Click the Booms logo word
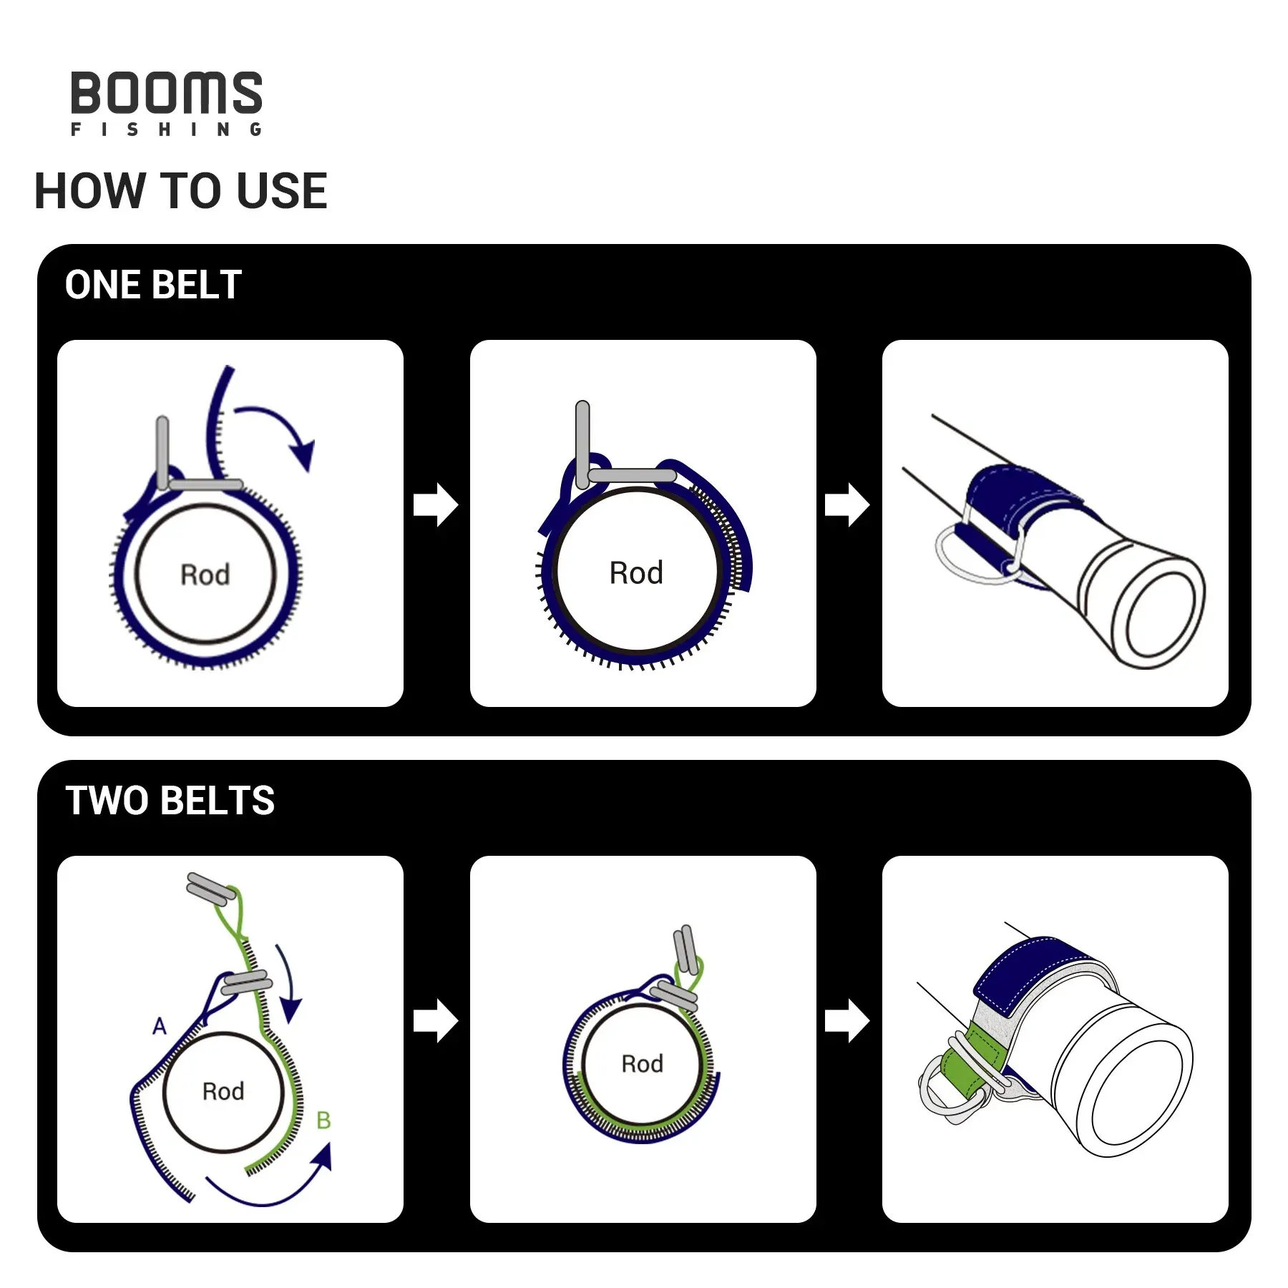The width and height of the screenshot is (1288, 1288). [166, 93]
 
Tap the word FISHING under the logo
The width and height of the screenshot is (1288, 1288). [166, 130]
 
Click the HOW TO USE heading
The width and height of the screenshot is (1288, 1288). [180, 191]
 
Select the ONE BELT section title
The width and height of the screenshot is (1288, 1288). [153, 285]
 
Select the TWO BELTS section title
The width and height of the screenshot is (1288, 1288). [170, 800]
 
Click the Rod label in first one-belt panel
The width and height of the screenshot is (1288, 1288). [205, 575]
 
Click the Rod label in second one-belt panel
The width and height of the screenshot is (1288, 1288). [636, 572]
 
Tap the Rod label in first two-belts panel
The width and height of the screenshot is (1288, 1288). [223, 1091]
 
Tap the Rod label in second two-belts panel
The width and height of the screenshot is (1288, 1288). [642, 1064]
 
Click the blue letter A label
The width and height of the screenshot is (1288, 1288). [160, 1026]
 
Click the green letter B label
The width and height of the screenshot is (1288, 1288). [323, 1121]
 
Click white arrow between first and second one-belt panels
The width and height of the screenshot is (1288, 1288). [436, 505]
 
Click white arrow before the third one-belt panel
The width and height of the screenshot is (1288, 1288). [847, 505]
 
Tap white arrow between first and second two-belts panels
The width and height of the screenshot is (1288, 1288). [436, 1021]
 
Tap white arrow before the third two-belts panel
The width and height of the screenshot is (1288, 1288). [847, 1021]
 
